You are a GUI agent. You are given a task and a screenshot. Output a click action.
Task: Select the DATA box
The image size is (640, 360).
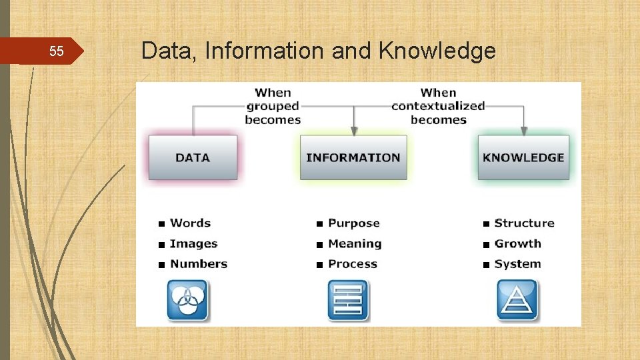[x=193, y=157]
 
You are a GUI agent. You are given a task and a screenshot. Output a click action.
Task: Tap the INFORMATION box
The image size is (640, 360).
[x=353, y=157]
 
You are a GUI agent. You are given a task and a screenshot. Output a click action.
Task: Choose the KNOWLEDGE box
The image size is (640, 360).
[x=523, y=157]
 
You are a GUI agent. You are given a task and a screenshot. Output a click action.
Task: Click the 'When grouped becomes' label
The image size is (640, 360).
[x=273, y=106]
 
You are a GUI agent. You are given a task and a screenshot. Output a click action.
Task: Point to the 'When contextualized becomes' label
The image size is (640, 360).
[x=438, y=106]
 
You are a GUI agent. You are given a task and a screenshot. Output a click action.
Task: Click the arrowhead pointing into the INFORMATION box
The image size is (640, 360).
[x=354, y=131]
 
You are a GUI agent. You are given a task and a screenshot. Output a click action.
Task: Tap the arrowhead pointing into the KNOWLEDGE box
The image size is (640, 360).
[x=524, y=131]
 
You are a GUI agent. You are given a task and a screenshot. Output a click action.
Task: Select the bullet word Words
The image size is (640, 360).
[x=190, y=223]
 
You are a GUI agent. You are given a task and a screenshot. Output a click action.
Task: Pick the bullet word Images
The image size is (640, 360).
[x=193, y=243]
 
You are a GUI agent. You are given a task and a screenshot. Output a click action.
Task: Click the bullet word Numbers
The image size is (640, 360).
[x=198, y=263]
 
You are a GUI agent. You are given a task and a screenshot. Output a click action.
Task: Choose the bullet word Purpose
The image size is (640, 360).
[x=353, y=223]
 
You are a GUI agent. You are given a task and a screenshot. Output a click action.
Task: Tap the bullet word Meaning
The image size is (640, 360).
[x=355, y=243]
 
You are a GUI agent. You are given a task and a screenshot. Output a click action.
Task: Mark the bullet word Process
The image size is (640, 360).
[x=352, y=263]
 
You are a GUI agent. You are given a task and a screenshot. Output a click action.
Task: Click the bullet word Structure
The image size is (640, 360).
[x=524, y=223]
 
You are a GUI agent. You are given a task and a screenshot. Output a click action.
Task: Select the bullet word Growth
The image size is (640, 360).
[x=517, y=243]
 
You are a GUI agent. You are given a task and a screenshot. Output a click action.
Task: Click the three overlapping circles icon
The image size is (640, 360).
[x=187, y=299]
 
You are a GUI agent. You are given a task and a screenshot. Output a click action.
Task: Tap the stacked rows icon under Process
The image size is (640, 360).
[x=347, y=299]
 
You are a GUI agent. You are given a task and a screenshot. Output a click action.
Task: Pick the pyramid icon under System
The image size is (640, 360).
[x=517, y=299]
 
